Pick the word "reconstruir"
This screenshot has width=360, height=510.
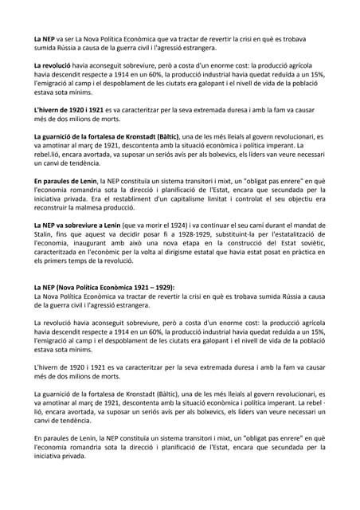click(x=52, y=206)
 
